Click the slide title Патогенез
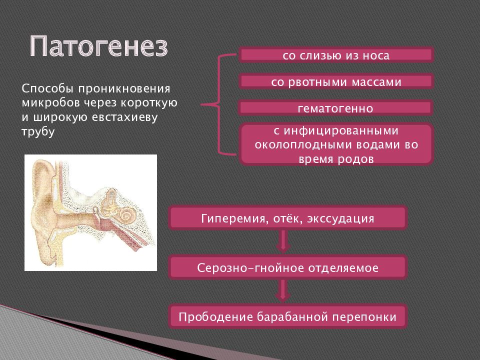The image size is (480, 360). [99, 46]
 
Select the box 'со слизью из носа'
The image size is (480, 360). [336, 55]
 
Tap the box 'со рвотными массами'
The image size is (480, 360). [336, 81]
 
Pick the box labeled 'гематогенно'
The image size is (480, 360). [336, 108]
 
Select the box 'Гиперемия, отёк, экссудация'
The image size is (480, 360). [288, 218]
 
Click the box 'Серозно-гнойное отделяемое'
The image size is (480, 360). [288, 267]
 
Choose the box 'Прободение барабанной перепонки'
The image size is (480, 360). [288, 316]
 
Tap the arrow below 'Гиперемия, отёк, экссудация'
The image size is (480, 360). [283, 241]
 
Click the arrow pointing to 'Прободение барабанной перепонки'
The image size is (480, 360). [283, 291]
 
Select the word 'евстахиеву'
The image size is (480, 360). [124, 117]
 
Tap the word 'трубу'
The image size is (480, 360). [38, 132]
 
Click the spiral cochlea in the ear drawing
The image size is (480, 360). [126, 214]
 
